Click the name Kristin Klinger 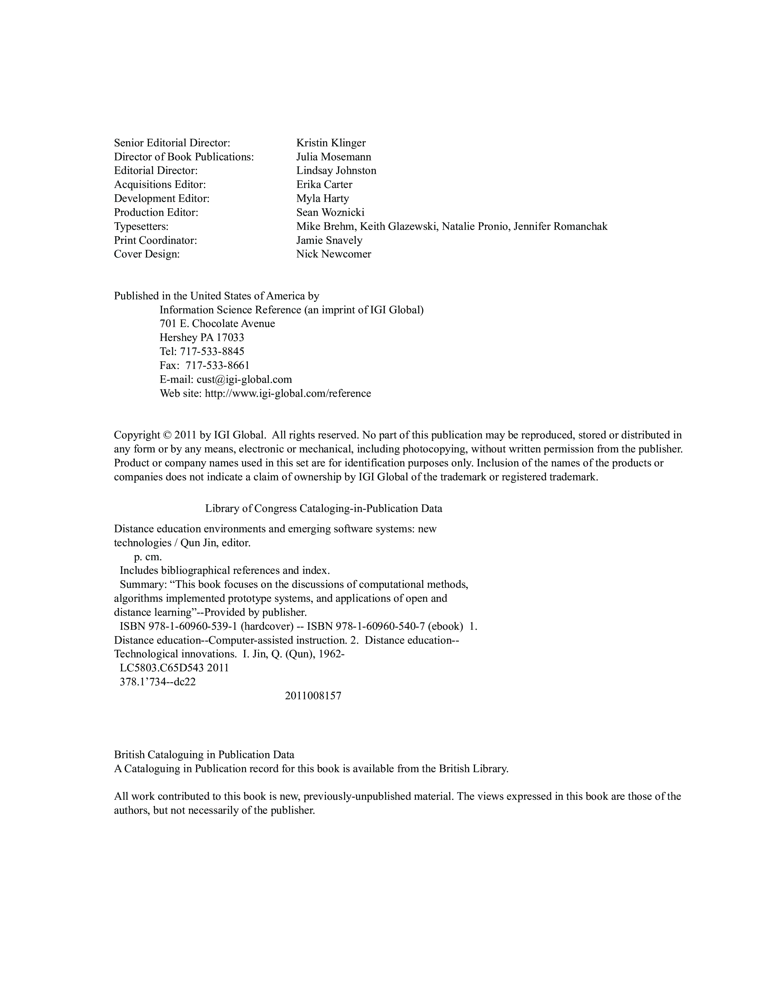point(331,143)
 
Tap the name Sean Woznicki point(330,213)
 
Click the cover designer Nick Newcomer point(333,254)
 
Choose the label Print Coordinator point(155,240)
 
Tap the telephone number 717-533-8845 point(212,351)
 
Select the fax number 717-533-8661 point(217,365)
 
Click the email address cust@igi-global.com point(244,380)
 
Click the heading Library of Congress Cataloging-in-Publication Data point(323,508)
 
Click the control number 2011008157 point(313,696)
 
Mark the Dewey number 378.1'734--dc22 point(157,682)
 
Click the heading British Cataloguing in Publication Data point(204,755)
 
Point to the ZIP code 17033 point(230,338)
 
